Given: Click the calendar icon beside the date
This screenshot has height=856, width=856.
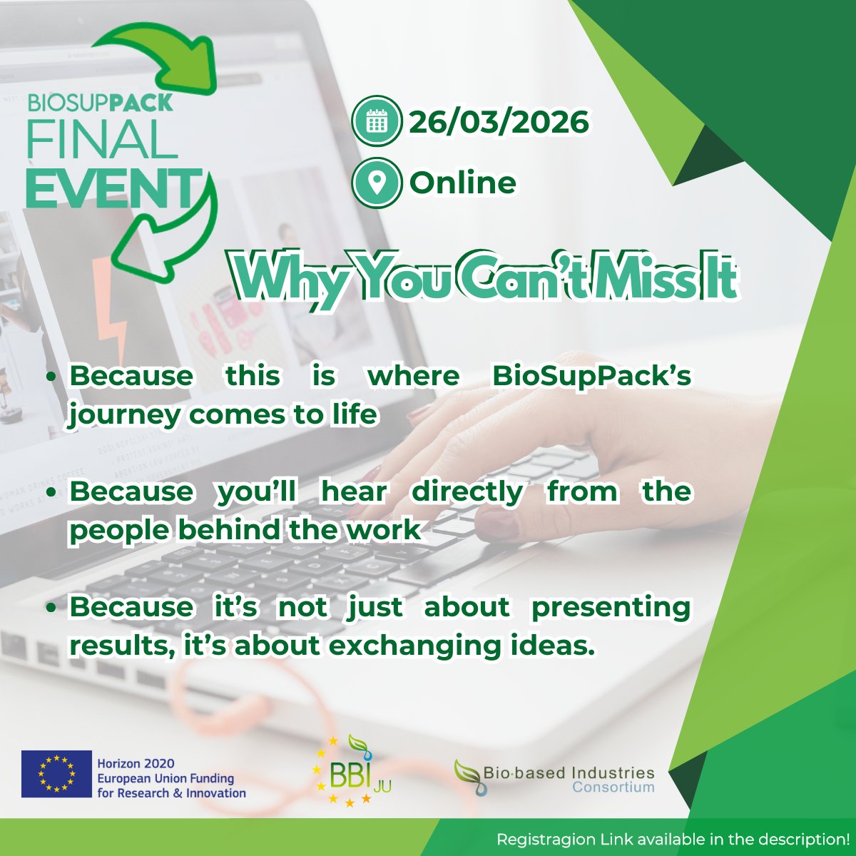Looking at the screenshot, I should tap(377, 122).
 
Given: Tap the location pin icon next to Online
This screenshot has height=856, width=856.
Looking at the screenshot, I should tap(377, 183).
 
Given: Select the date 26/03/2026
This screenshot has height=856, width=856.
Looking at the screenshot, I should tap(499, 122).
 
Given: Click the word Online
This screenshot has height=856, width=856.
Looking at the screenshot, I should tap(462, 183).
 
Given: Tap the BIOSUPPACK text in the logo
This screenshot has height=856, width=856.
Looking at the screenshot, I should tap(100, 103).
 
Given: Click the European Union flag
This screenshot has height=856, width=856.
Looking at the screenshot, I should tap(56, 774).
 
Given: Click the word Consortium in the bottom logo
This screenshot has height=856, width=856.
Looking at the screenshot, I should tap(613, 788).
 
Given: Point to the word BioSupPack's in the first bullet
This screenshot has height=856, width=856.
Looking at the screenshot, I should tap(591, 377).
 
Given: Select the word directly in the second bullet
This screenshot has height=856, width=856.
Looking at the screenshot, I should tap(467, 492).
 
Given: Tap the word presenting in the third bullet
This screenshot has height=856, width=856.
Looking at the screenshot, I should tap(611, 608).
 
